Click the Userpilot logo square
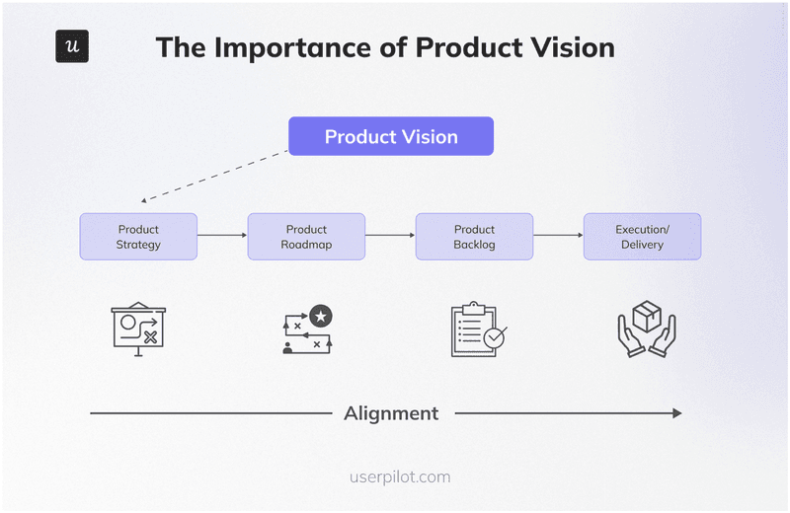click(x=72, y=46)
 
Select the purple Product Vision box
click(x=391, y=136)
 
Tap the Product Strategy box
click(x=138, y=237)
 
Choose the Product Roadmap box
click(x=306, y=237)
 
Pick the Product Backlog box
click(x=474, y=237)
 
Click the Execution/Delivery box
click(x=642, y=237)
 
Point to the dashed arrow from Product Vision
click(x=212, y=178)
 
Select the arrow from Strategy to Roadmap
click(x=222, y=236)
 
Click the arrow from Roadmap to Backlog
click(x=390, y=236)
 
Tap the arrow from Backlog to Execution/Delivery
click(x=558, y=236)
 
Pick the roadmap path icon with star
click(x=306, y=330)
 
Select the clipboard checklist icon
click(x=477, y=330)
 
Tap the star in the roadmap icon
click(x=320, y=316)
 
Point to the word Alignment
click(x=391, y=413)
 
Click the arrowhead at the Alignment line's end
click(x=676, y=413)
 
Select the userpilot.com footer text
click(x=399, y=476)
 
